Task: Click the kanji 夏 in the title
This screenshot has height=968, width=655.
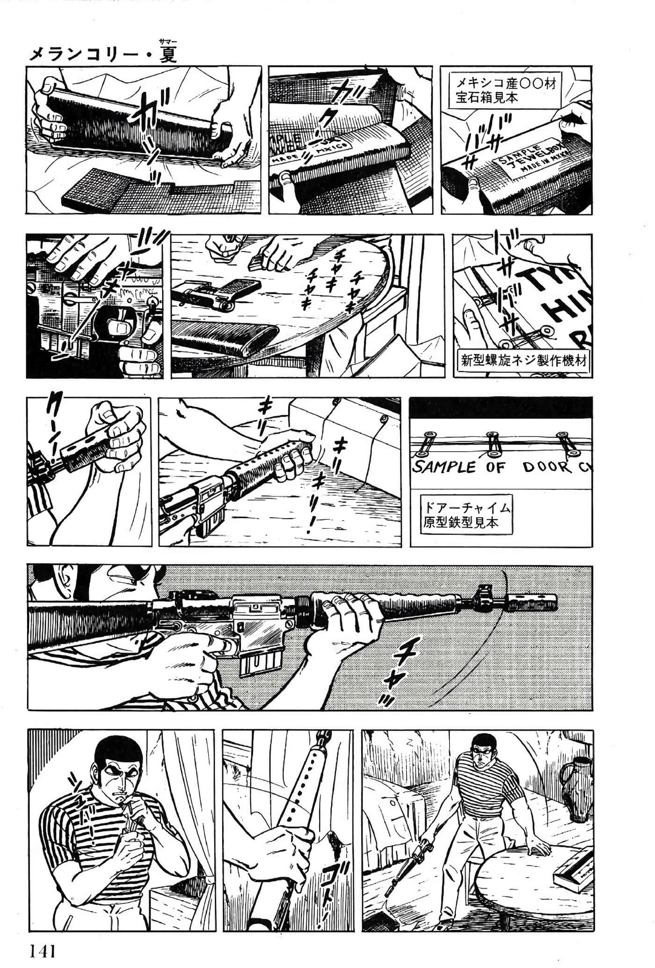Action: pyautogui.click(x=167, y=55)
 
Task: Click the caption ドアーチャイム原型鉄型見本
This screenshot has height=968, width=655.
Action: pyautogui.click(x=466, y=514)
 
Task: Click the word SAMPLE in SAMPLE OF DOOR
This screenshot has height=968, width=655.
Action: pyautogui.click(x=444, y=467)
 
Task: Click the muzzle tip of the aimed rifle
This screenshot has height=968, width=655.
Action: pyautogui.click(x=554, y=603)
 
